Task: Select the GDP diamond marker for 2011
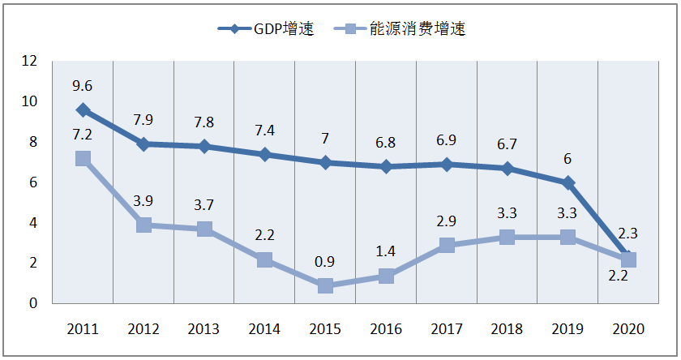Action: point(83,109)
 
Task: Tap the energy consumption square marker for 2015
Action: point(325,285)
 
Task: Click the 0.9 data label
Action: point(325,261)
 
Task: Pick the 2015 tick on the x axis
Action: point(325,329)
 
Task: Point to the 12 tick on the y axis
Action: point(30,61)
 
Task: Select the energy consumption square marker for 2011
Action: point(83,158)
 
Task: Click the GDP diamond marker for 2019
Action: point(567,182)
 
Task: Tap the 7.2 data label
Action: point(83,132)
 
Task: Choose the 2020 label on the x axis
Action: point(628,329)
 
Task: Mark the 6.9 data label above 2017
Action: point(447,139)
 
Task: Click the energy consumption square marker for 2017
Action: point(447,245)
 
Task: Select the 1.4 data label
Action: point(386,251)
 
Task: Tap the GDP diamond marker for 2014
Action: point(264,154)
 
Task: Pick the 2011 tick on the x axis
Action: point(83,329)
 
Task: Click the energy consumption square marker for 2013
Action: point(204,229)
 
